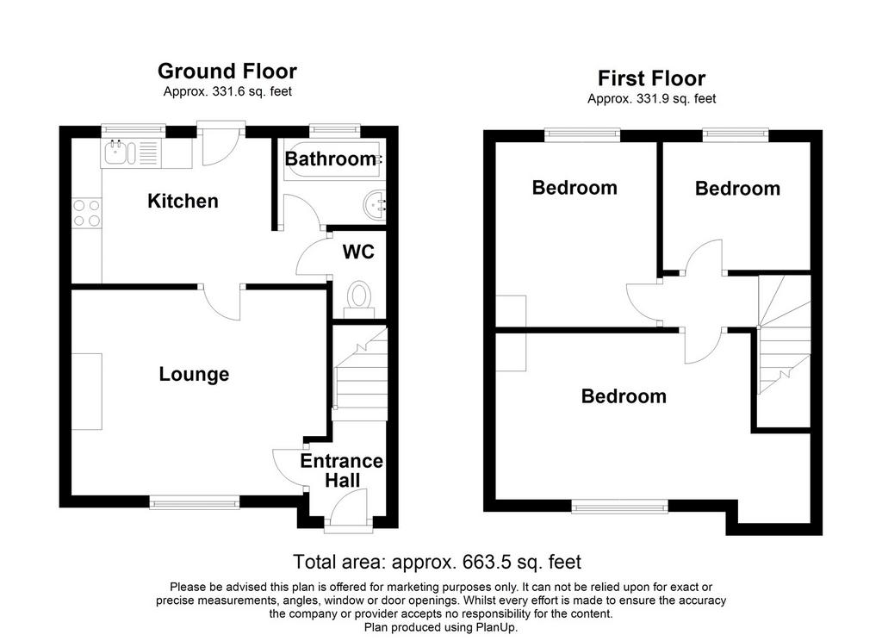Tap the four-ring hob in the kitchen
click(x=87, y=214)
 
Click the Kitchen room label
click(x=183, y=201)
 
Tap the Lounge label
click(x=194, y=374)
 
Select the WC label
click(x=358, y=252)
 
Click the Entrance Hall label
click(x=341, y=470)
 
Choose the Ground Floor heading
click(x=227, y=71)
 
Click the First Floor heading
click(x=651, y=78)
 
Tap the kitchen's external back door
click(x=221, y=143)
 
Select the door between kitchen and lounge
click(x=222, y=301)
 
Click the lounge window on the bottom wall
click(x=195, y=501)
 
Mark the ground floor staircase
click(x=360, y=373)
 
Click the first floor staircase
click(x=784, y=335)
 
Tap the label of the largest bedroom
click(x=624, y=396)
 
